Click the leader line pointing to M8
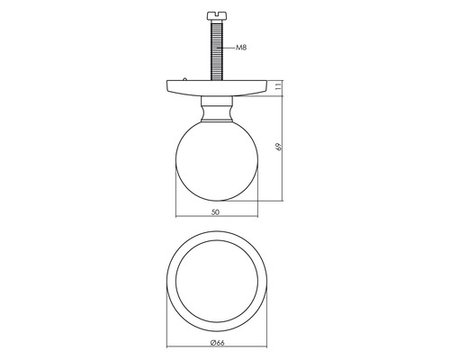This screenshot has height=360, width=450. (229, 47)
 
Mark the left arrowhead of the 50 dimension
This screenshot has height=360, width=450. (176, 218)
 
